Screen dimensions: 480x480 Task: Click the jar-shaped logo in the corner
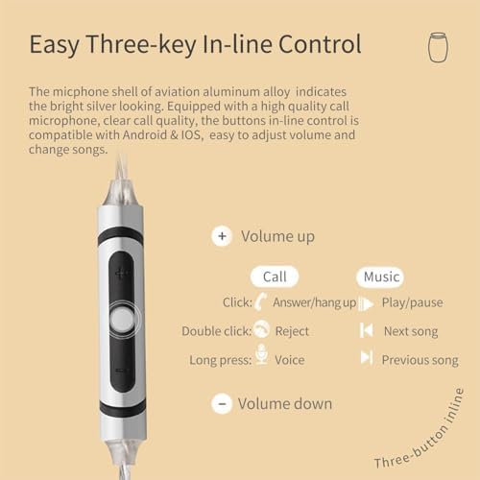coord(438,47)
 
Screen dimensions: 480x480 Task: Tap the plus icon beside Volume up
coord(222,236)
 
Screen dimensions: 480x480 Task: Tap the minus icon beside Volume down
coord(222,403)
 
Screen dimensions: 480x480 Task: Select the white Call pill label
coord(275,276)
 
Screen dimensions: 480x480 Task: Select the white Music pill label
coord(380,276)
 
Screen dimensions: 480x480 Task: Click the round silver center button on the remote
coord(122,320)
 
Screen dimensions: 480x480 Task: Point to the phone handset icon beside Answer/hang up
coord(261,301)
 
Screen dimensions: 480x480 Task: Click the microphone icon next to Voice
coord(262,354)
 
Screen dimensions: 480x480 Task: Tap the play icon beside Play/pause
coord(366,303)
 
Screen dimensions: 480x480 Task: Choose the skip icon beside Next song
coord(367,330)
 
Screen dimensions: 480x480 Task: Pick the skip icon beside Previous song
coord(367,357)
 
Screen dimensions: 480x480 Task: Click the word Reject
coord(292,331)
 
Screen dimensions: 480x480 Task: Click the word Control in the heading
coord(320,44)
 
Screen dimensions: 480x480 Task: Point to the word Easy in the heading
coord(55,45)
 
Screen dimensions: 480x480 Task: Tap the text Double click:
coord(217,331)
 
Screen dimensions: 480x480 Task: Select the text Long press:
coord(221,360)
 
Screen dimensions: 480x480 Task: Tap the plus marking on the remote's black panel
coord(122,273)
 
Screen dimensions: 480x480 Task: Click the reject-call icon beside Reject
coord(261,328)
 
